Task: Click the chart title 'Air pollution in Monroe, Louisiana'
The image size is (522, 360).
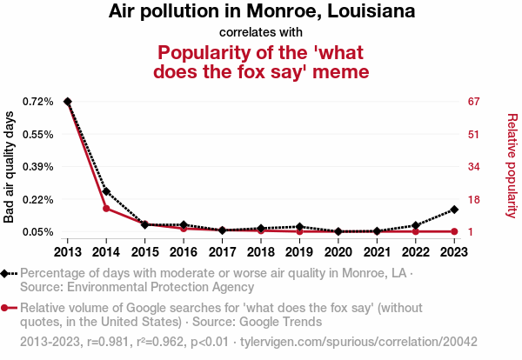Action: [262, 12]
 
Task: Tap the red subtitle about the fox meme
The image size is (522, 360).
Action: [262, 61]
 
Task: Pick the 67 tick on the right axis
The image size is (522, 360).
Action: [474, 102]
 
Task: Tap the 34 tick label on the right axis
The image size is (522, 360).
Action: [474, 167]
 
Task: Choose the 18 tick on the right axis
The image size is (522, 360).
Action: [474, 200]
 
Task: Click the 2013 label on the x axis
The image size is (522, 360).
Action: [67, 251]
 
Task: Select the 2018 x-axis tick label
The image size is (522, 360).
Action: [261, 251]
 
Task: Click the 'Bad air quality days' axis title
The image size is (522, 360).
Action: [10, 167]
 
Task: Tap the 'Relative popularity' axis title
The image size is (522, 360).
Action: [512, 165]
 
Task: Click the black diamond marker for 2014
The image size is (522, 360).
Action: [106, 191]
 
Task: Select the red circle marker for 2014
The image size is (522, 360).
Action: [106, 209]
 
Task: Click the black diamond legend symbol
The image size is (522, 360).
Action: [6, 273]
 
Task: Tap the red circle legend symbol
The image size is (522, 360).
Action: [6, 308]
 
